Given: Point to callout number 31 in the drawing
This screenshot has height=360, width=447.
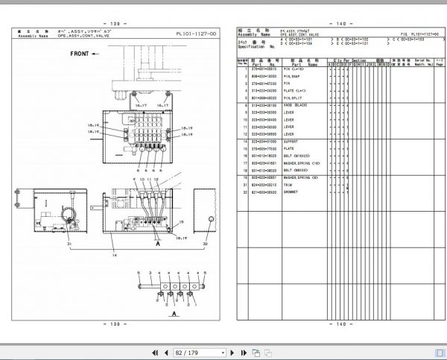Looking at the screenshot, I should [68, 244].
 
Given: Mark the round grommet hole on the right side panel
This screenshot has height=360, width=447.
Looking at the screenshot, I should [211, 221].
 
